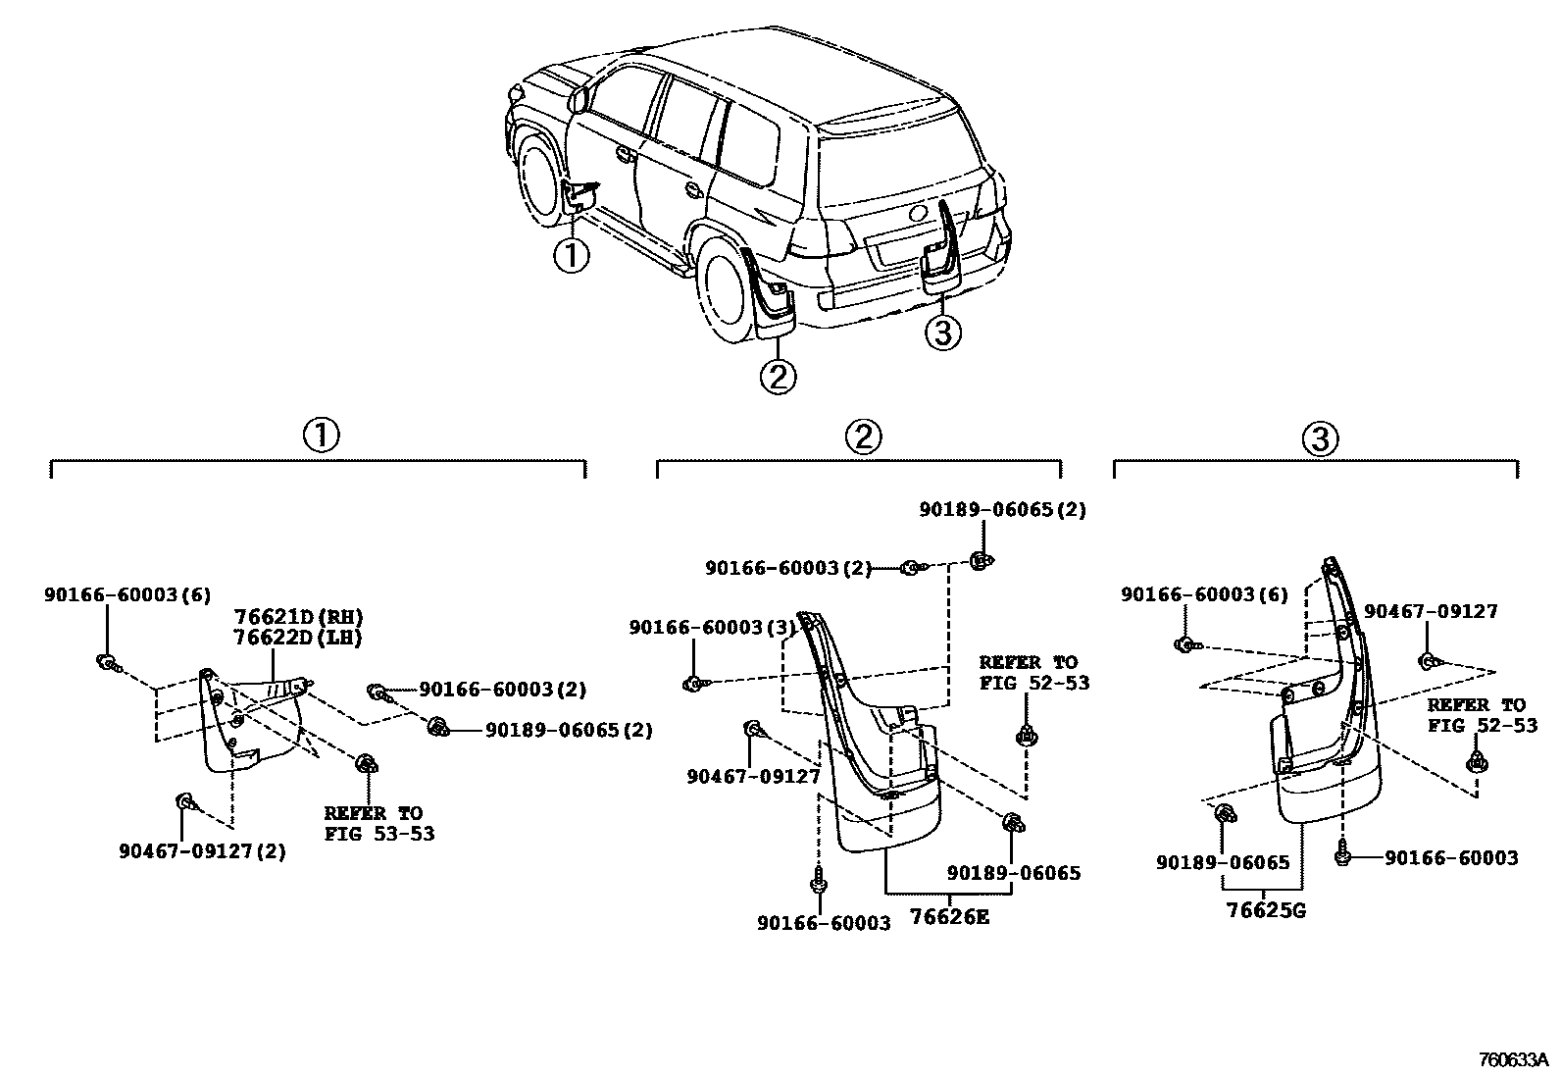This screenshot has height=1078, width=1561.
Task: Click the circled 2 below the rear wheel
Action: [x=777, y=377]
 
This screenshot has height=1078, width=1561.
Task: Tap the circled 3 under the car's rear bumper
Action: [x=942, y=334]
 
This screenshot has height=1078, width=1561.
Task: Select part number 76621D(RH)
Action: [x=298, y=617]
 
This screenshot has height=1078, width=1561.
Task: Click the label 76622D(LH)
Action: [x=298, y=638]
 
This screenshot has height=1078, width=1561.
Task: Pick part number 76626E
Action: [x=949, y=917]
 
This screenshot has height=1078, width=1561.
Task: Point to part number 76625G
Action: [x=1266, y=910]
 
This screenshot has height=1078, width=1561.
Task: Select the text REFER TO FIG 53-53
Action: [x=378, y=824]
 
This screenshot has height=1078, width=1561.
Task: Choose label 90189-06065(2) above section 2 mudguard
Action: [x=1002, y=510]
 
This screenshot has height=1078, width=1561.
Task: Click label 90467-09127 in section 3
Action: [x=1431, y=611]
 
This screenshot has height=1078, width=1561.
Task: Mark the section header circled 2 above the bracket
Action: [x=863, y=437]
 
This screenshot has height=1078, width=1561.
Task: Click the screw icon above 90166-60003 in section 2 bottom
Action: [x=816, y=885]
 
